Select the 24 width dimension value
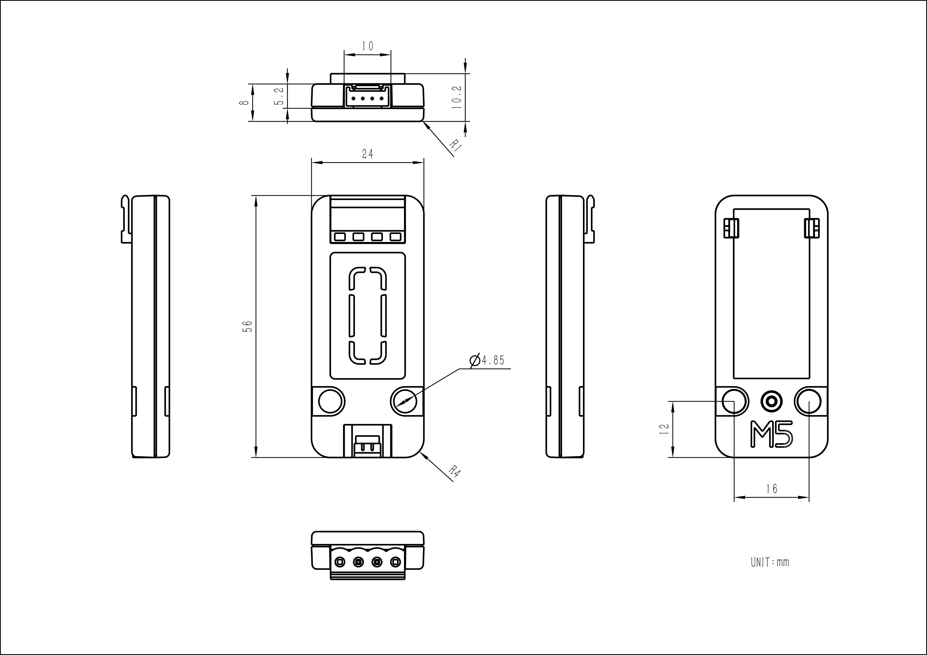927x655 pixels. point(367,154)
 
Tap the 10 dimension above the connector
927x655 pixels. point(367,46)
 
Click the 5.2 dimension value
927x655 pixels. point(279,96)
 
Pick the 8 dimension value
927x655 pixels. point(244,102)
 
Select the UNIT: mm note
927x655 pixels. point(770,562)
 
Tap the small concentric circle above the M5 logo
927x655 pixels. point(771,401)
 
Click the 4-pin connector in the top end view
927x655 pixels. point(367,98)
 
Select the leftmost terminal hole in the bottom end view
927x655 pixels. point(340,562)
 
